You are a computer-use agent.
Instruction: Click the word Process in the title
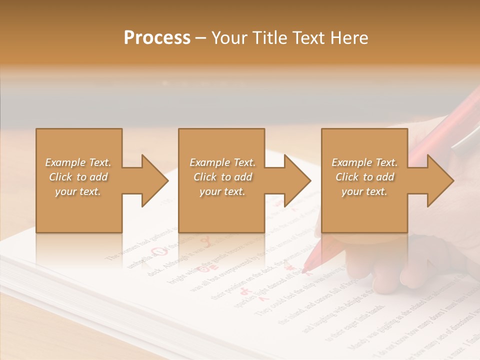pyautogui.click(x=157, y=38)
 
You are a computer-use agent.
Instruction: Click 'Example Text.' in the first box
pyautogui.click(x=78, y=162)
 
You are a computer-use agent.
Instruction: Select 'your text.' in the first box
pyautogui.click(x=78, y=191)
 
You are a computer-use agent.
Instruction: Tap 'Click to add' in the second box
pyautogui.click(x=222, y=177)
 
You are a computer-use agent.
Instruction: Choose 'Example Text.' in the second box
pyautogui.click(x=222, y=162)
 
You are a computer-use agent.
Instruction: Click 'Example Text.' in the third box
pyautogui.click(x=364, y=162)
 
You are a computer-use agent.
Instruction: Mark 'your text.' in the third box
pyautogui.click(x=364, y=191)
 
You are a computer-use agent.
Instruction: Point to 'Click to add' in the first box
pyautogui.click(x=78, y=177)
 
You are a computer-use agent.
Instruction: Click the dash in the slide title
pyautogui.click(x=201, y=38)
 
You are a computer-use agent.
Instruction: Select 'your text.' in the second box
pyautogui.click(x=222, y=191)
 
